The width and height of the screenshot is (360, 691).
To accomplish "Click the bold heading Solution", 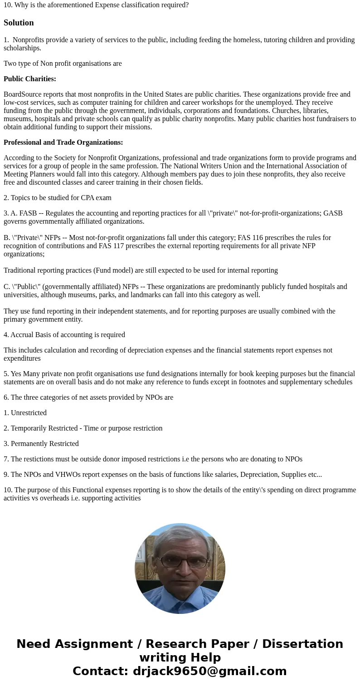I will click(x=19, y=23).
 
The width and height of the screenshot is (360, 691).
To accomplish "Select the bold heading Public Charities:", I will click(x=30, y=79).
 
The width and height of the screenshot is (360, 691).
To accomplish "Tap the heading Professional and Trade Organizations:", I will click(x=63, y=142).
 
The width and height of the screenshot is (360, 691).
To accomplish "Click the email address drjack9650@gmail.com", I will click(x=209, y=671).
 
